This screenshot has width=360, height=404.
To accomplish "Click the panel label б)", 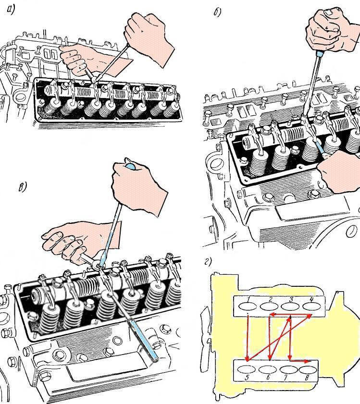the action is pos(217,12).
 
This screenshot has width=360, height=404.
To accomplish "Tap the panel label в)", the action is pos(23,186).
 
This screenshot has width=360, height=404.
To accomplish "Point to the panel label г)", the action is pos(208,262).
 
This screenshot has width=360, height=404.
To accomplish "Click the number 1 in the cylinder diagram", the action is pos(248,299).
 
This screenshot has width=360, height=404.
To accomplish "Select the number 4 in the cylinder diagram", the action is pos(311,299).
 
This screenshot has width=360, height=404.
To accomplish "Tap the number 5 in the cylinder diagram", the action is pos(247,378).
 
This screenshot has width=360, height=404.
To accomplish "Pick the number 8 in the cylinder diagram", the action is pos(307,378).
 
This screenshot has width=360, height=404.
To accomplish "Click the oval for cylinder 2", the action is pos(269,306).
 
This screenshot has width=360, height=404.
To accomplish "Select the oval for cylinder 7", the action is pos(288,370).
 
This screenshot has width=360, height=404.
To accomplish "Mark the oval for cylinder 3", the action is pos(290,306).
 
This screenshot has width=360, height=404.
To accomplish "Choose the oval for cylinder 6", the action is pos(267,370).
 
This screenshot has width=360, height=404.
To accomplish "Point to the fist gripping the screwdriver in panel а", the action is pos(150,38).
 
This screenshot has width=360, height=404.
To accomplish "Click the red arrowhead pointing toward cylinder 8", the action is pos(306,361).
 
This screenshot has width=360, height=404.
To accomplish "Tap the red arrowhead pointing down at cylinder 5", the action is pos(248,358).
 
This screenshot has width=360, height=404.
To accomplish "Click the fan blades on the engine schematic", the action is pos(205,332).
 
